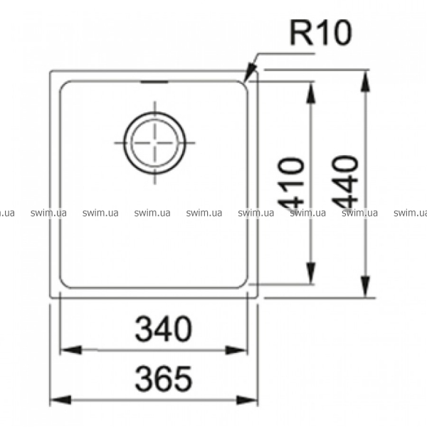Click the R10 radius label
click(x=321, y=33)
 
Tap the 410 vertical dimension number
click(x=290, y=184)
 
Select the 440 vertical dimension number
click(x=344, y=183)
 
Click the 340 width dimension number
click(x=164, y=329)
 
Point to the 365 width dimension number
click(x=164, y=379)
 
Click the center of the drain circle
click(x=154, y=143)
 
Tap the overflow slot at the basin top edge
click(x=154, y=82)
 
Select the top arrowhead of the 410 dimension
click(x=311, y=93)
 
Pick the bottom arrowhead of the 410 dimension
click(x=311, y=273)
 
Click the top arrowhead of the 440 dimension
click(x=366, y=81)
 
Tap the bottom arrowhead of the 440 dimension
click(x=366, y=287)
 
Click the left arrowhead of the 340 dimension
click(x=70, y=349)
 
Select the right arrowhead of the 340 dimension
click(x=236, y=349)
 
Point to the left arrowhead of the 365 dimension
click(x=61, y=400)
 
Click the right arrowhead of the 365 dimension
click(x=247, y=400)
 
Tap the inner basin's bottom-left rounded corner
click(x=63, y=285)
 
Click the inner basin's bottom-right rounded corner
click(x=245, y=285)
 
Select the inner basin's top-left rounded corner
click(x=63, y=84)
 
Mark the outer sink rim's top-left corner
click(x=51, y=71)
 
